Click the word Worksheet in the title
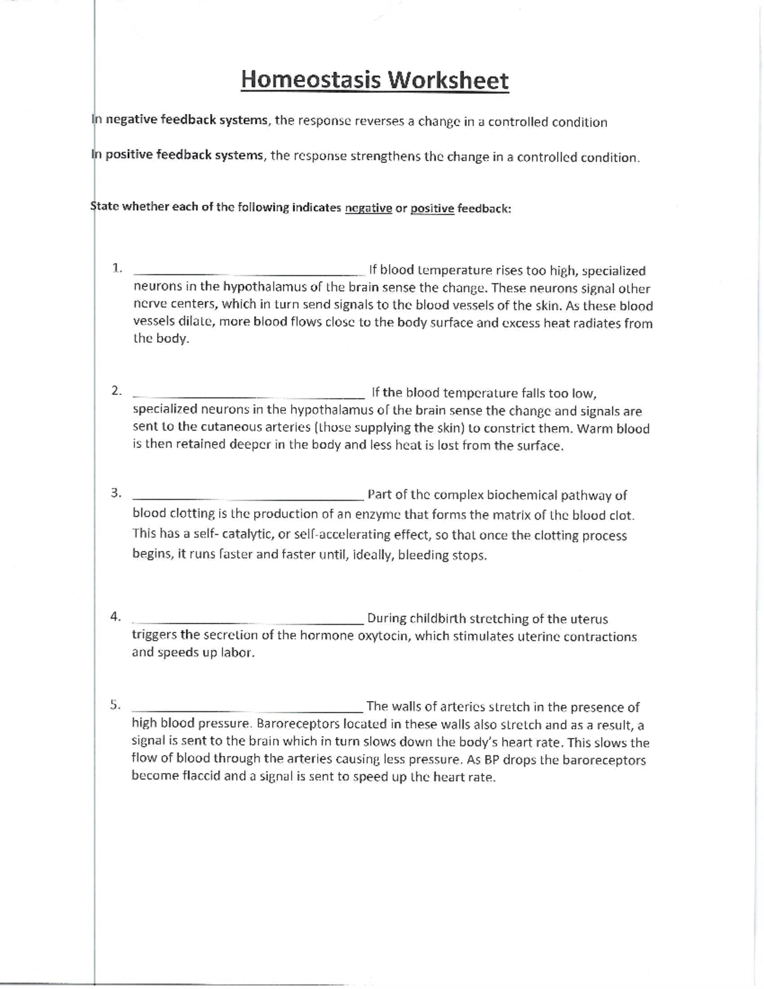pyautogui.click(x=449, y=80)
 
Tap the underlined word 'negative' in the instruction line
pyautogui.click(x=368, y=208)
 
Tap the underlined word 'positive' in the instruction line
pyautogui.click(x=432, y=208)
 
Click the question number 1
pyautogui.click(x=117, y=268)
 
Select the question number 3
pyautogui.click(x=116, y=493)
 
